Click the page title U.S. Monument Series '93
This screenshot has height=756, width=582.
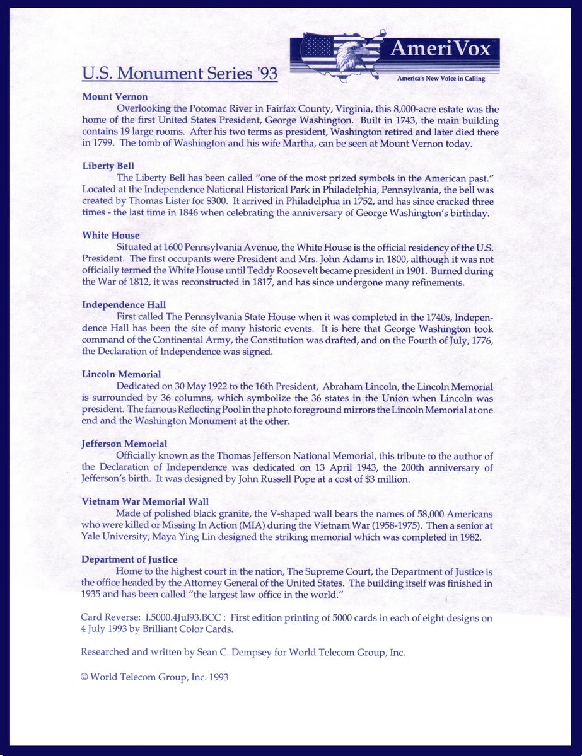tap(180, 74)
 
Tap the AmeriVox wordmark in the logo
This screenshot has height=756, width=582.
tap(440, 49)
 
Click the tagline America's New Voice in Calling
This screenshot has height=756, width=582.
tap(441, 79)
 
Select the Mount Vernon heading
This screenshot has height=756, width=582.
tap(115, 97)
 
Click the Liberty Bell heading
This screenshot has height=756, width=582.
tap(108, 166)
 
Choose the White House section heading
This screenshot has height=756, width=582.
tap(111, 236)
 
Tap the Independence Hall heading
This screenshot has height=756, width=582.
tap(124, 305)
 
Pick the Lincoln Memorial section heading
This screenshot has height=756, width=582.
tap(121, 374)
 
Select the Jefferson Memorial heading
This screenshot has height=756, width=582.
tap(124, 444)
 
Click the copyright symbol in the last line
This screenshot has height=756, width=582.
tap(85, 677)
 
